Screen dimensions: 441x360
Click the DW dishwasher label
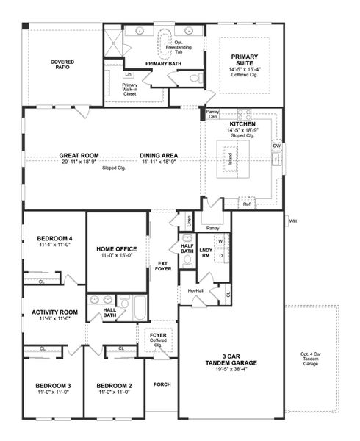click(x=276, y=146)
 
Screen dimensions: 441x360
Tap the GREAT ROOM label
click(x=79, y=156)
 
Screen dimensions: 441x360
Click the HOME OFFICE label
click(x=117, y=249)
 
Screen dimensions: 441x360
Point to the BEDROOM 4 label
click(x=54, y=239)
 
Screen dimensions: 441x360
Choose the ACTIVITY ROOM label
click(x=54, y=312)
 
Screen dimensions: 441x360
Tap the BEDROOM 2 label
click(x=114, y=386)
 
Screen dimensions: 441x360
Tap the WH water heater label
click(x=292, y=220)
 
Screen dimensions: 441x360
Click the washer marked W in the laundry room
click(x=220, y=241)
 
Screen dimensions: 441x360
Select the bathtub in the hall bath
click(x=140, y=307)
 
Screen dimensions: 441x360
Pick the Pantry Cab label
click(x=212, y=113)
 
